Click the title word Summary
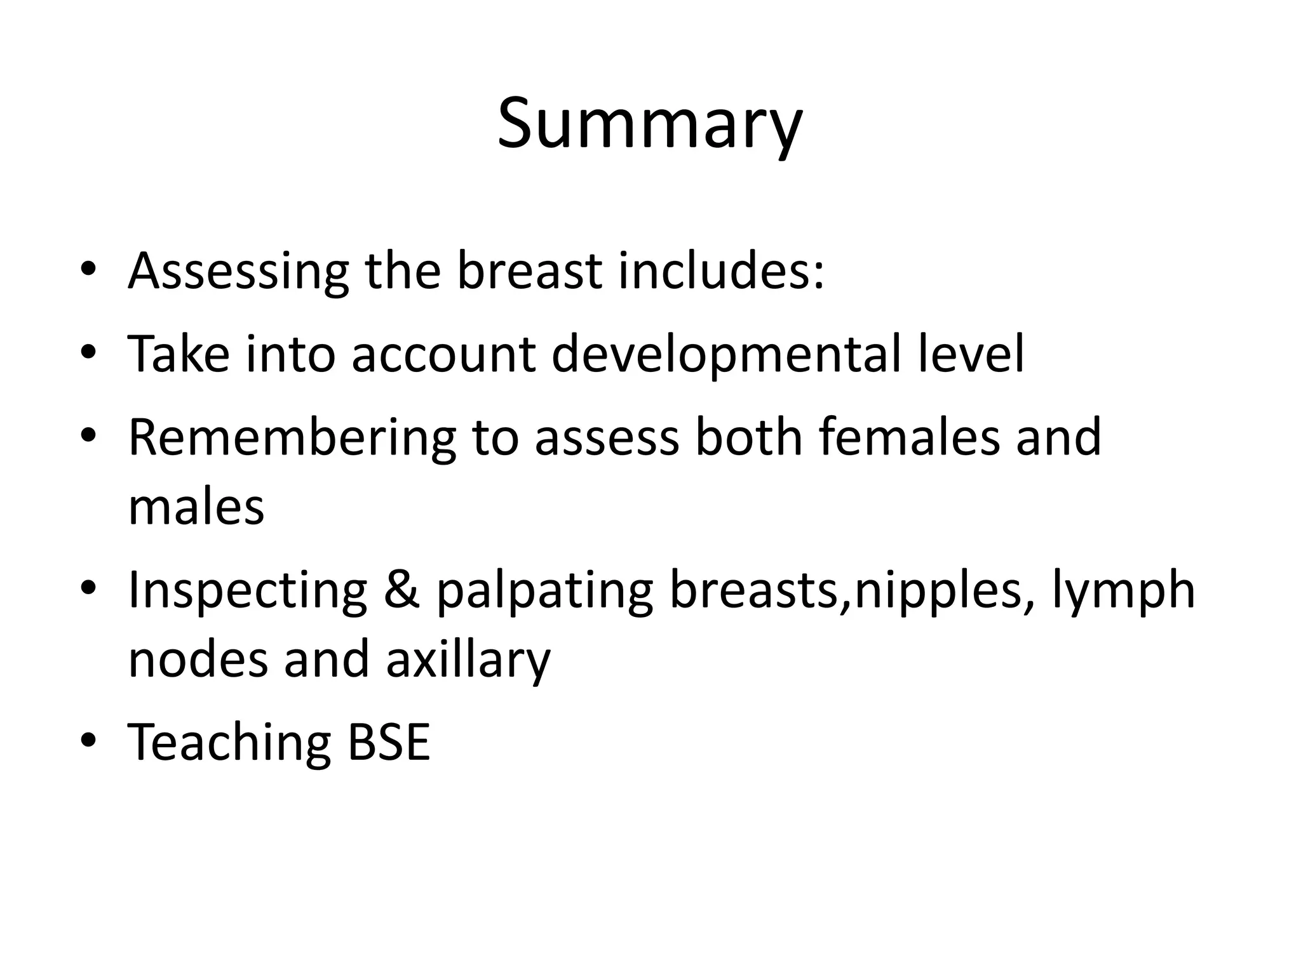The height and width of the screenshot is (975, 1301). (649, 124)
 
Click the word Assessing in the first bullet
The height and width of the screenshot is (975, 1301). (238, 271)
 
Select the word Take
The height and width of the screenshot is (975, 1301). (179, 354)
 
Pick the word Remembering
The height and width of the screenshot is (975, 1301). (292, 438)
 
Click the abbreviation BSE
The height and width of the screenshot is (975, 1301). (389, 742)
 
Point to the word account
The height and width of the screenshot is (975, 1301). (443, 354)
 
